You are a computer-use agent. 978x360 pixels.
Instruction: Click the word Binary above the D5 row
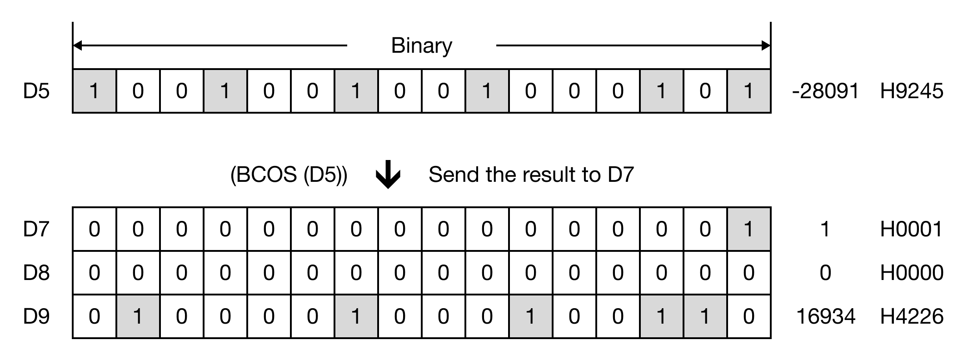pyautogui.click(x=421, y=45)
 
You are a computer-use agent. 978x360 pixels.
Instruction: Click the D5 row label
pyautogui.click(x=36, y=91)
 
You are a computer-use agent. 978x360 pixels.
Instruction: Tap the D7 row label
pyautogui.click(x=36, y=229)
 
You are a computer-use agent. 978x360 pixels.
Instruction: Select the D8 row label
pyautogui.click(x=36, y=273)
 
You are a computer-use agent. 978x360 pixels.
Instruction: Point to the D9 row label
pyautogui.click(x=36, y=316)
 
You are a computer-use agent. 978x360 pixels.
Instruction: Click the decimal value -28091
pyautogui.click(x=825, y=91)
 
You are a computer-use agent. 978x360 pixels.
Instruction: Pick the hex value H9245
pyautogui.click(x=912, y=91)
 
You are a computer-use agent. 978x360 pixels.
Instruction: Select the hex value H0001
pyautogui.click(x=912, y=229)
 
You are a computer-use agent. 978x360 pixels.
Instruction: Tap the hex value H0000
pyautogui.click(x=912, y=273)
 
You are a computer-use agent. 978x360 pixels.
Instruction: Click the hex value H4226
pyautogui.click(x=912, y=316)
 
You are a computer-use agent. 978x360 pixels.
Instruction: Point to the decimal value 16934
pyautogui.click(x=826, y=316)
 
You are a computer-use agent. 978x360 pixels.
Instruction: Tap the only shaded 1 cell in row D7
pyautogui.click(x=748, y=229)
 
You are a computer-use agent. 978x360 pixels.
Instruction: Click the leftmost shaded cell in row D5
pyautogui.click(x=94, y=91)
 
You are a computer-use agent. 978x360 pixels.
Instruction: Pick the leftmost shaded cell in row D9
pyautogui.click(x=138, y=316)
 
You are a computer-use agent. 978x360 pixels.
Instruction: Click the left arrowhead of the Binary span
pyautogui.click(x=78, y=45)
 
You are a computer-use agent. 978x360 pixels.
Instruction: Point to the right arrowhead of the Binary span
pyautogui.click(x=766, y=45)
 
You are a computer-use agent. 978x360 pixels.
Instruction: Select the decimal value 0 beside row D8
pyautogui.click(x=825, y=273)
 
